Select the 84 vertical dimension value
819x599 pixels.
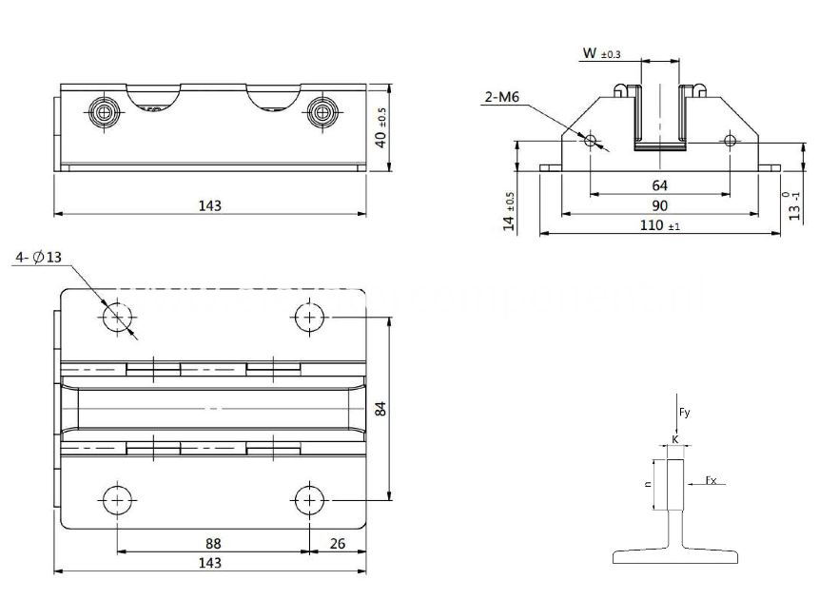click(x=380, y=409)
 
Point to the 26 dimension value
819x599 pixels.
click(x=337, y=543)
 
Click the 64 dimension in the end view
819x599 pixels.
click(x=659, y=186)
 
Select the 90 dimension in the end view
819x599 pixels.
click(x=659, y=205)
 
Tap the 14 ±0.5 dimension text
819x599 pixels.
click(x=510, y=211)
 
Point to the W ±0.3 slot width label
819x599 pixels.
click(x=601, y=55)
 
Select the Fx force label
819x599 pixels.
click(x=712, y=480)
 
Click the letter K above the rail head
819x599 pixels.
click(x=674, y=439)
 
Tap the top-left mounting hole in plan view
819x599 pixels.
click(x=118, y=317)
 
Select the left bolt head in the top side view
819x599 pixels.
click(x=103, y=112)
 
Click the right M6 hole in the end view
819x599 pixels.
click(x=730, y=141)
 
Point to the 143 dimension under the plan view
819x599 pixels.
click(x=210, y=563)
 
